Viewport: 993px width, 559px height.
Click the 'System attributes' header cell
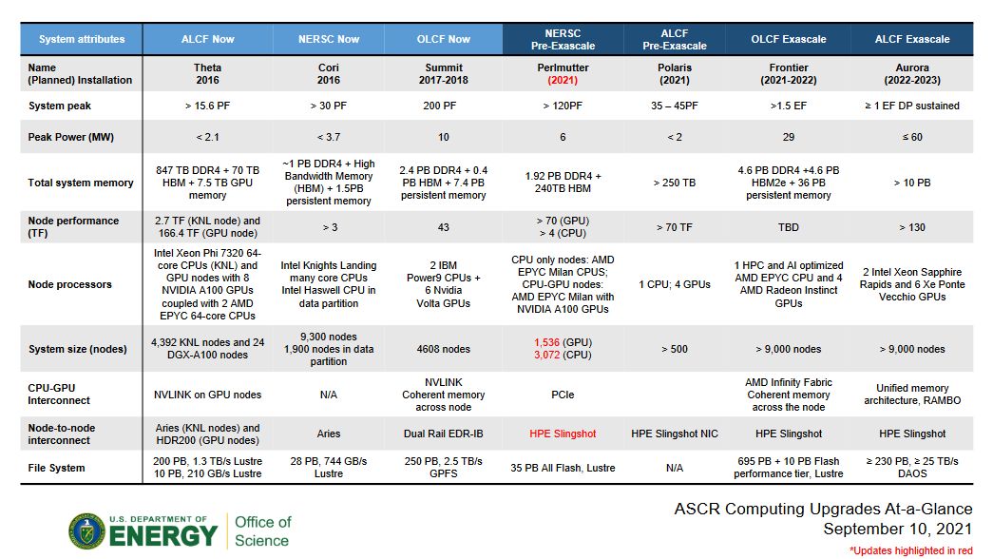click(82, 39)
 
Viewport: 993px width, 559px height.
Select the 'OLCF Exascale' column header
click(788, 39)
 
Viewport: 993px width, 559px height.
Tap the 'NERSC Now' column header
click(329, 39)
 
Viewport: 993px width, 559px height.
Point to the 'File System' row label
click(57, 468)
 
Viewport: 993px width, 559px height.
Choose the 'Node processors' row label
click(70, 284)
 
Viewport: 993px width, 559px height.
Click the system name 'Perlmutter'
click(563, 68)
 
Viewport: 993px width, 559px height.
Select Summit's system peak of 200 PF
click(444, 106)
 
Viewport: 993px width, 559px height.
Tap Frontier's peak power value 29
click(789, 137)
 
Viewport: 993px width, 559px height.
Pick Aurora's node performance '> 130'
click(912, 227)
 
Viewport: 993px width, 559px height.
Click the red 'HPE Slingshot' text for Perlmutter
click(563, 434)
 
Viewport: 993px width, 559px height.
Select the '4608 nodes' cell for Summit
click(444, 349)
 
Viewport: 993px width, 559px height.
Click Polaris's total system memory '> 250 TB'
click(674, 183)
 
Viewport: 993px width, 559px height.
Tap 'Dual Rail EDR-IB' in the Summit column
click(444, 434)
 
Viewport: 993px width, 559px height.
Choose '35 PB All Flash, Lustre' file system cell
click(563, 468)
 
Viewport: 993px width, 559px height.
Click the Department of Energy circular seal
click(86, 531)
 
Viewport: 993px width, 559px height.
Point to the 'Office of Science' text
click(262, 531)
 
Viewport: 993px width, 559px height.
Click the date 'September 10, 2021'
click(898, 529)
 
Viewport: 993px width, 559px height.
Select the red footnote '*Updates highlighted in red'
click(910, 550)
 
